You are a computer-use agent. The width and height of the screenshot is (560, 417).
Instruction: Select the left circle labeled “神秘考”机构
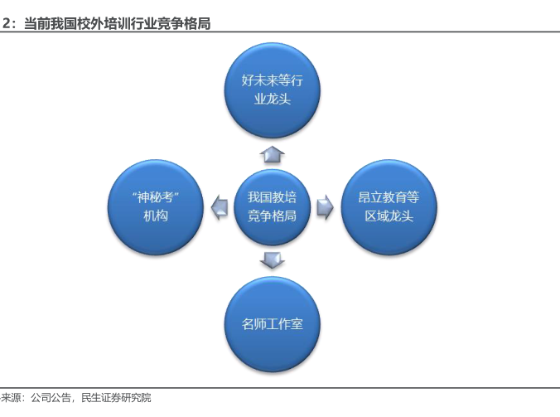click(155, 206)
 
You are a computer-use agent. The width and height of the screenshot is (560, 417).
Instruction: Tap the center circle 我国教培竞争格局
click(273, 206)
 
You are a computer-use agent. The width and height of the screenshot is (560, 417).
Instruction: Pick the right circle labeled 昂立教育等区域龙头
click(389, 206)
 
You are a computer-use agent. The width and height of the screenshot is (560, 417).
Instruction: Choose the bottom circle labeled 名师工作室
click(273, 323)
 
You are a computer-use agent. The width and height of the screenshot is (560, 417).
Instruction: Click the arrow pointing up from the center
click(273, 153)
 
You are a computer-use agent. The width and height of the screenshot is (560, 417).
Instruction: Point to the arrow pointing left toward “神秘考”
click(220, 207)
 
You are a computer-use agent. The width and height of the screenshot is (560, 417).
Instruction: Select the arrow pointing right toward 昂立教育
click(325, 207)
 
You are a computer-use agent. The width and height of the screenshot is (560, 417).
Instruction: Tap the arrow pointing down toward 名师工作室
click(273, 259)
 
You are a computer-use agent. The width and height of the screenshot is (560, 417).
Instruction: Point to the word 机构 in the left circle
click(156, 216)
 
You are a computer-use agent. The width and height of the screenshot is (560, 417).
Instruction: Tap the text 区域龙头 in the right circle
click(389, 216)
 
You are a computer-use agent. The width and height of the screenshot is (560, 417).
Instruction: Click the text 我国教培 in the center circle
click(273, 197)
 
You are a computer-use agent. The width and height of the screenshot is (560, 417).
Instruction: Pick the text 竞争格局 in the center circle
click(273, 216)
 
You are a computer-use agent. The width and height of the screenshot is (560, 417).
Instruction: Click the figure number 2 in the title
click(6, 24)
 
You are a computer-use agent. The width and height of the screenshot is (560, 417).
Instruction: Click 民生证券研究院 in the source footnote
click(117, 398)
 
